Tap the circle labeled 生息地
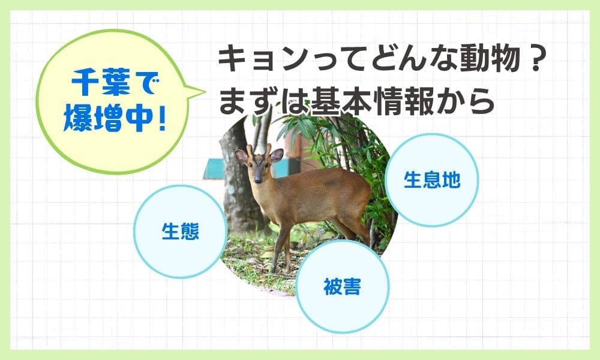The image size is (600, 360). [431, 180]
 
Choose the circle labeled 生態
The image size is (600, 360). [180, 232]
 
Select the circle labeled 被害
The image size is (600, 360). [342, 287]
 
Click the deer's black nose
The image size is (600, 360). [258, 179]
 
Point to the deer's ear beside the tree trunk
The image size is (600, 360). [241, 157]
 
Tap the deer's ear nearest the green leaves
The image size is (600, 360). [277, 155]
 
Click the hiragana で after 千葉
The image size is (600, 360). [145, 83]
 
